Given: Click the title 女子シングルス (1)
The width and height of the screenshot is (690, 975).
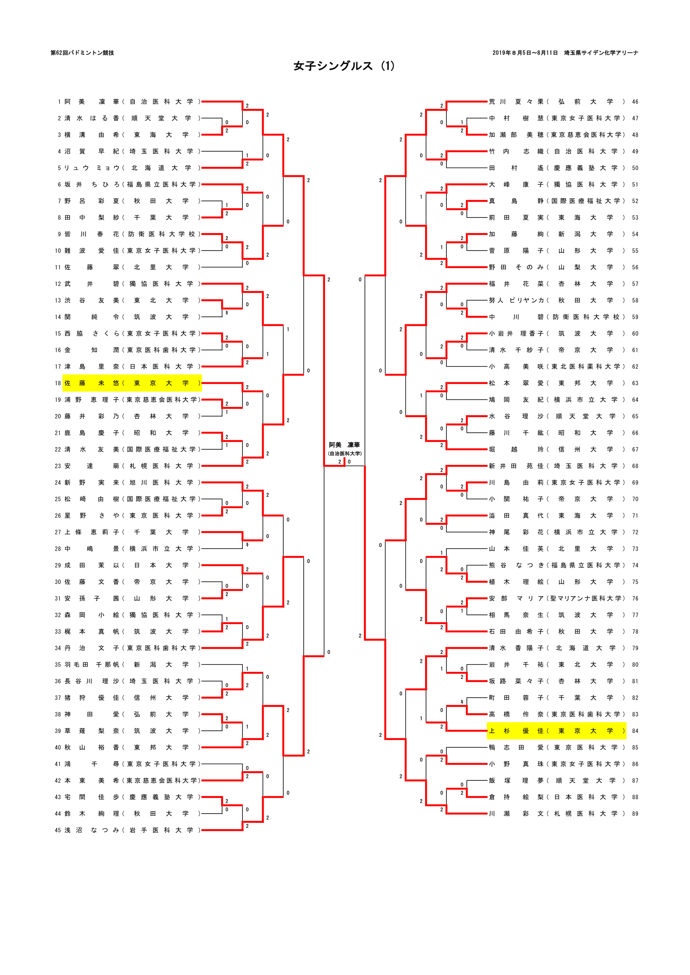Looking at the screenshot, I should (344, 66).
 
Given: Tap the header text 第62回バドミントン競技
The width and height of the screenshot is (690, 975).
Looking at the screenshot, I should (82, 53).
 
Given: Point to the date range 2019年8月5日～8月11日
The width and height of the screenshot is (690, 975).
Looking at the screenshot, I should (525, 53).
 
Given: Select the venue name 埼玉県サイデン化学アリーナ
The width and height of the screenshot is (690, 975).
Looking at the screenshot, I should (601, 53).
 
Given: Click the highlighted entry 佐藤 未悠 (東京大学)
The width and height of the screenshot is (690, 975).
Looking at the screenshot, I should (132, 383).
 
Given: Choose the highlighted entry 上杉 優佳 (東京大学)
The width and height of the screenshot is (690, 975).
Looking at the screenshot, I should (557, 731).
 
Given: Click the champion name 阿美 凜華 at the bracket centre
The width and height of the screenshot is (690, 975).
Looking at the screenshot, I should (344, 445).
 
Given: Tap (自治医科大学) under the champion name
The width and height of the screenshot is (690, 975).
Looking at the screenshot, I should (344, 454).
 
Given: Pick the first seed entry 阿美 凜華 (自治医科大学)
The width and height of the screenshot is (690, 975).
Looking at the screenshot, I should (132, 101).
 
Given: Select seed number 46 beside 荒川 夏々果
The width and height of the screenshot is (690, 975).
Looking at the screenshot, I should (635, 101).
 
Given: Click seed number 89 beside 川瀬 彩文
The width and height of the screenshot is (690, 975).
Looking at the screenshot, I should (635, 814).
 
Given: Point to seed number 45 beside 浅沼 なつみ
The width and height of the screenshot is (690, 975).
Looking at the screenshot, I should (58, 830).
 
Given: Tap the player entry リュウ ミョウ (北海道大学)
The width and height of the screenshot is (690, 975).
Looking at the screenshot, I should (132, 168).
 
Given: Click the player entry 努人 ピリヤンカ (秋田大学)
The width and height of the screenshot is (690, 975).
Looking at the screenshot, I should (557, 300).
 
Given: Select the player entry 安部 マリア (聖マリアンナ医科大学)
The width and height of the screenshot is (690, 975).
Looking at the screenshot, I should (557, 598).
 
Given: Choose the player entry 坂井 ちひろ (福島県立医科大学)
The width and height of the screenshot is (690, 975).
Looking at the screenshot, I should (132, 184).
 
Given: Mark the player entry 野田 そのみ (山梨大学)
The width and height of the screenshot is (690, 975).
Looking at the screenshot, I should (557, 267).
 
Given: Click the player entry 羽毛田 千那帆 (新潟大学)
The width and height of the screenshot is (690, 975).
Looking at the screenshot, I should (132, 664).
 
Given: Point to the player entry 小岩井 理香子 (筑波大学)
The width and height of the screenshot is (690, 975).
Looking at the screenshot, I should (557, 333).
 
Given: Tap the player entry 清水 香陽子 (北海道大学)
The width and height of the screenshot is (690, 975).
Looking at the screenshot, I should (557, 648).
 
